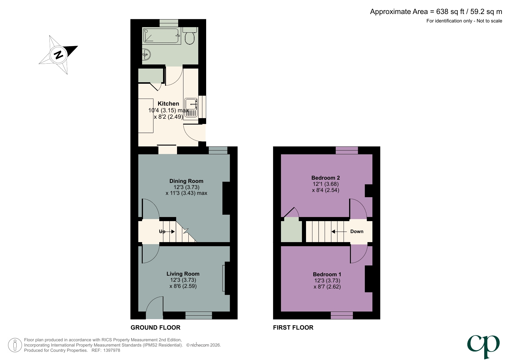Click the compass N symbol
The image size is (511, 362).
(59, 55)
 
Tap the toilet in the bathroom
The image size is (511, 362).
(190, 37)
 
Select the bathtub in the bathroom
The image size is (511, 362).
(161, 36)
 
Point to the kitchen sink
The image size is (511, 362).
(191, 104)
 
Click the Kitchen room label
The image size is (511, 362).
(168, 104)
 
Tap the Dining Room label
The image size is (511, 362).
(186, 181)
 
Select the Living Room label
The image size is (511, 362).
(183, 274)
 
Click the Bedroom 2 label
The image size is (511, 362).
(326, 178)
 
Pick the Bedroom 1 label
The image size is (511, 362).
(327, 274)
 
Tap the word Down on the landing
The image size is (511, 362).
(357, 231)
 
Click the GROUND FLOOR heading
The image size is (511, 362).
(155, 328)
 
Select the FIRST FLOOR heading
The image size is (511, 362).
(293, 328)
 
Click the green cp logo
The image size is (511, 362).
(483, 346)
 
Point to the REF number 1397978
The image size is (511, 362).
(112, 350)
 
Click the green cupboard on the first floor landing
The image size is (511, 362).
(291, 231)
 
